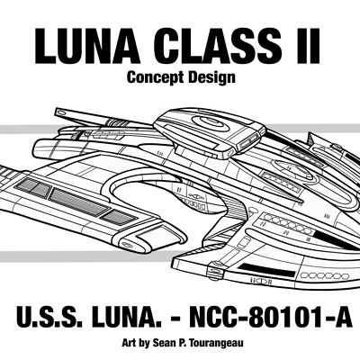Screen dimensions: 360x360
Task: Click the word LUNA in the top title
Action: (x=87, y=46)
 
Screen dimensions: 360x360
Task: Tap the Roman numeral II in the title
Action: (x=309, y=46)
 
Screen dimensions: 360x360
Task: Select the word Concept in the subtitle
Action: (x=155, y=77)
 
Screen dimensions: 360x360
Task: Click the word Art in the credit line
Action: (x=129, y=343)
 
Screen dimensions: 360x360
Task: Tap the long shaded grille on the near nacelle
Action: (x=79, y=202)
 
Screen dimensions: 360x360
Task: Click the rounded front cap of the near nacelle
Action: (x=128, y=245)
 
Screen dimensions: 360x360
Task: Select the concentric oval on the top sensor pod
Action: (x=210, y=123)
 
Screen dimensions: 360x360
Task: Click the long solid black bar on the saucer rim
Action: (x=267, y=270)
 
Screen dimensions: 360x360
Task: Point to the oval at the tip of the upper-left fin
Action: (x=61, y=112)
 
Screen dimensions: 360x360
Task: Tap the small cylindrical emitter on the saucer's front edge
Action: (x=215, y=270)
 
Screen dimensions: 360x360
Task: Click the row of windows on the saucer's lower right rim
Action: (x=325, y=275)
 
